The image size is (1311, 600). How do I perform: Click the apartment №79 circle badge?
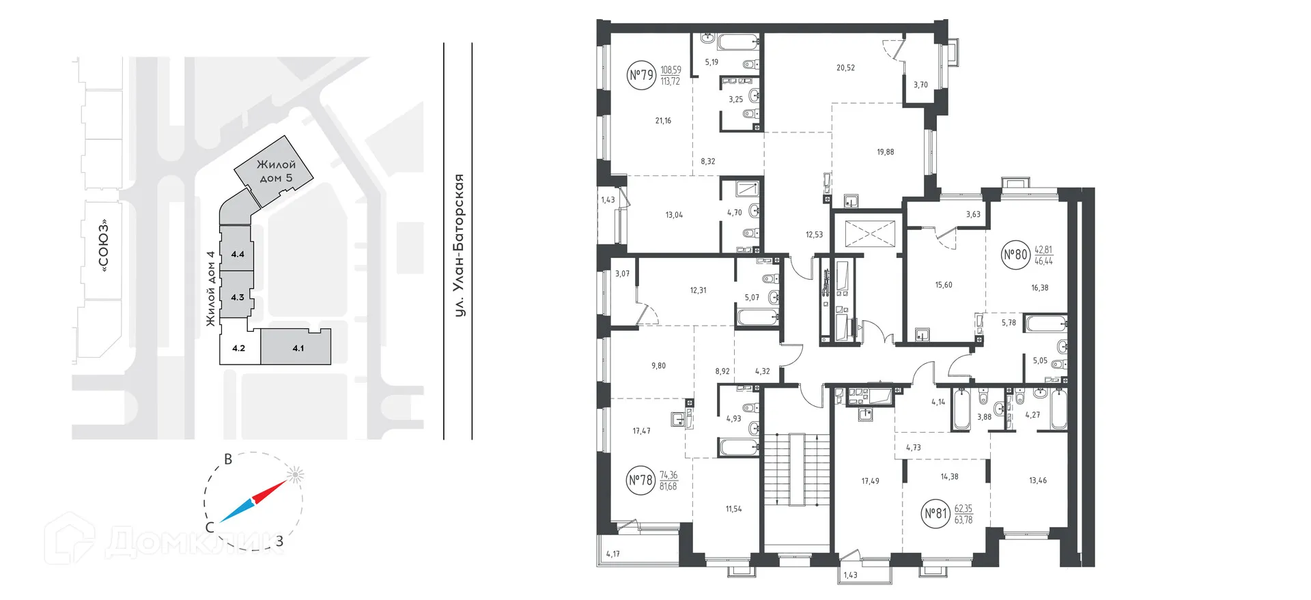pos(641,74)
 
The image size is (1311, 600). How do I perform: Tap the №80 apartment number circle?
pos(1015,255)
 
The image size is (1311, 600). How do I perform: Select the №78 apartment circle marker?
pos(640,481)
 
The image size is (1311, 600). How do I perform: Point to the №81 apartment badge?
pos(935,513)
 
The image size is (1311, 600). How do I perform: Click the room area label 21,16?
pos(663,121)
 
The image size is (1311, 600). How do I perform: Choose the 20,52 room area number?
pos(845,68)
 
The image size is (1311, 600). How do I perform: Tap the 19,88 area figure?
pos(886,152)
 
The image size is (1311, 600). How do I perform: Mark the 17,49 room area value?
pos(870,481)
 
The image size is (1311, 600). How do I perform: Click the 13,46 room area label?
pos(1038,481)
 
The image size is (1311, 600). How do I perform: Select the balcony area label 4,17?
pos(613,554)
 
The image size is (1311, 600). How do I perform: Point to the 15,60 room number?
pos(944,285)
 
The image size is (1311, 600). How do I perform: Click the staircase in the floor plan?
pos(795,471)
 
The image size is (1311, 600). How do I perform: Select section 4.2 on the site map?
pos(238,348)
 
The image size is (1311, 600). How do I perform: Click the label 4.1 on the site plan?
pos(298,348)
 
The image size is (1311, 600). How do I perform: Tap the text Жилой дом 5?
pos(277,171)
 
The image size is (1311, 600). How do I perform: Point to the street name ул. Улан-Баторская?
pos(461,246)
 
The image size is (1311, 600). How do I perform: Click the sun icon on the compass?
pos(295,475)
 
